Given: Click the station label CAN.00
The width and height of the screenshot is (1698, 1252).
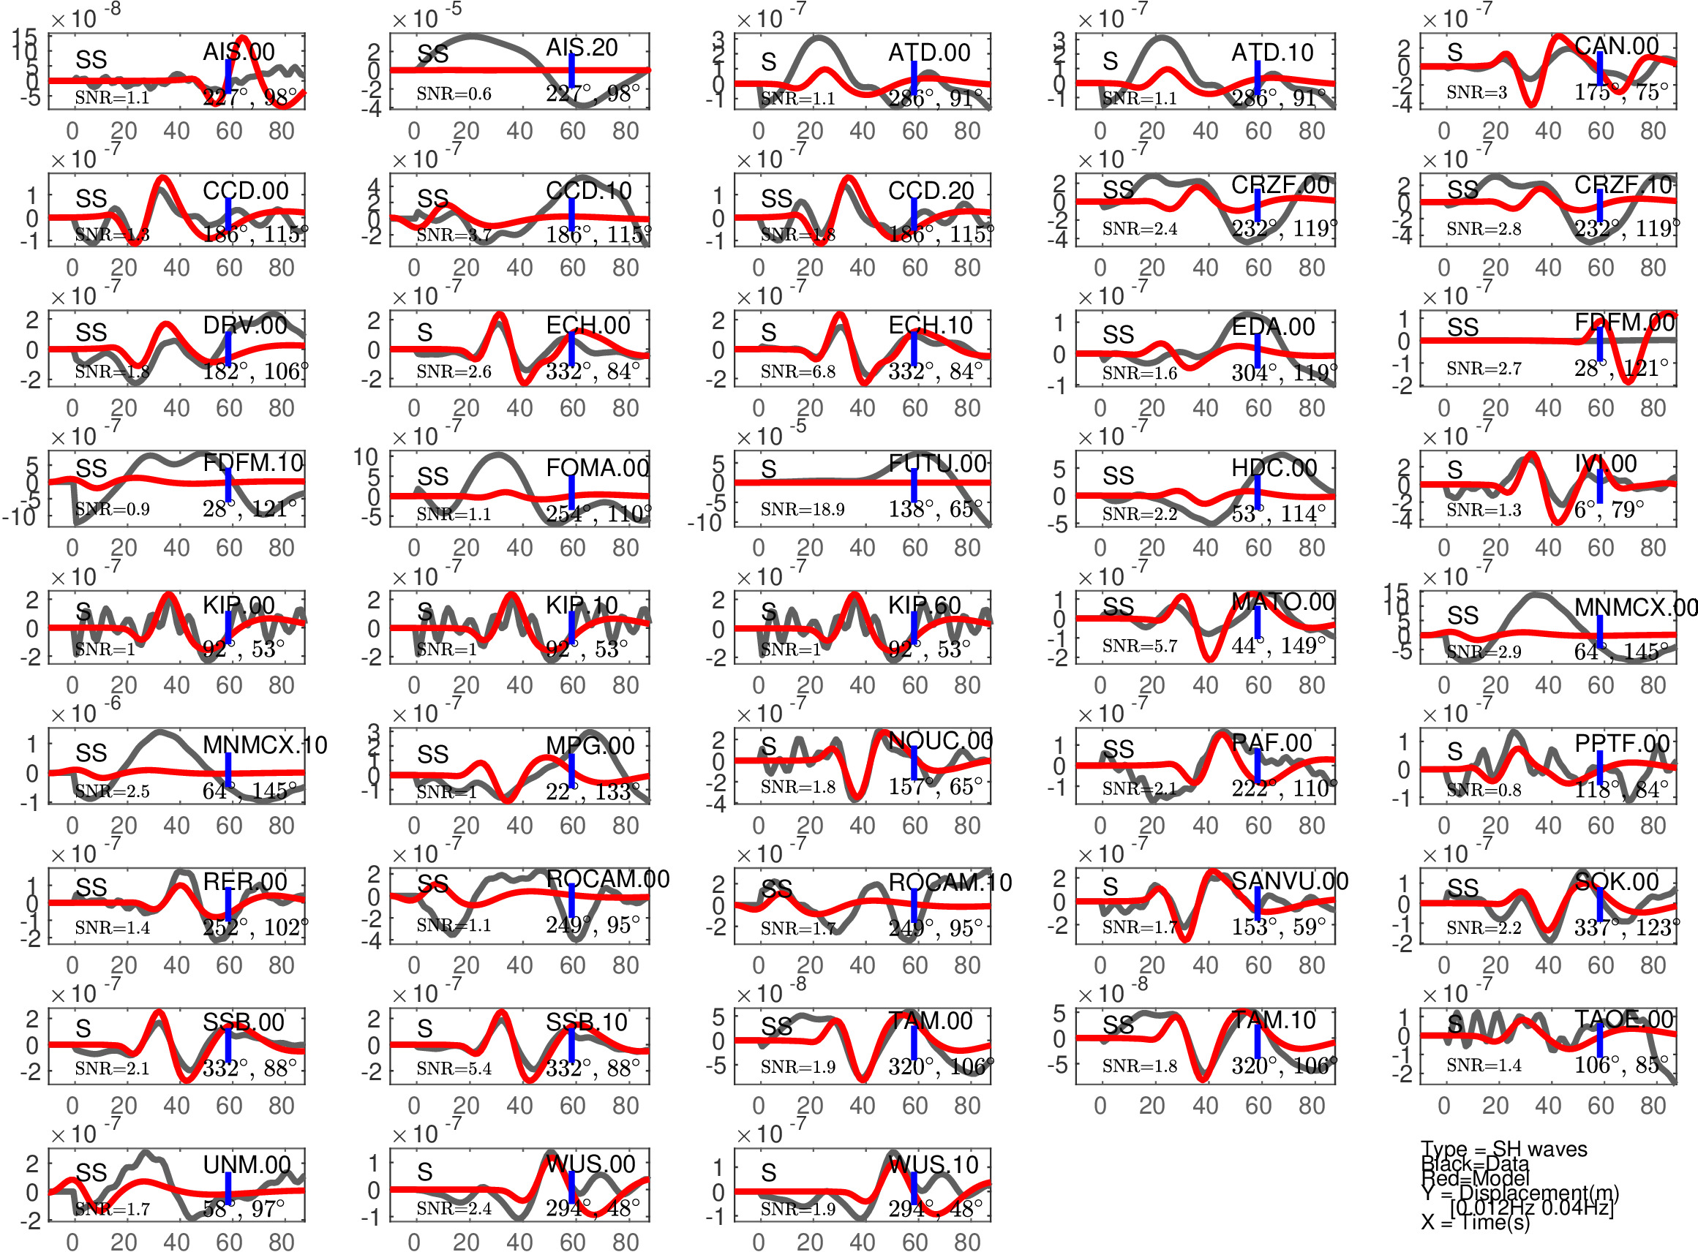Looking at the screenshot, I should pyautogui.click(x=1617, y=46).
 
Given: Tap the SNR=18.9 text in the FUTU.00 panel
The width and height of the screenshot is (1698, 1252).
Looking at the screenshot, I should pyautogui.click(x=802, y=509).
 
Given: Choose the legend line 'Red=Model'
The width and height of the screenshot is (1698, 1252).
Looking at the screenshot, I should pyautogui.click(x=1475, y=1178).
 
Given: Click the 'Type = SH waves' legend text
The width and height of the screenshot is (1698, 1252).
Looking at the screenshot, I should pyautogui.click(x=1504, y=1150).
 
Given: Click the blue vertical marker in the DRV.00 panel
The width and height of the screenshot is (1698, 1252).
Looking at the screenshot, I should pyautogui.click(x=228, y=348).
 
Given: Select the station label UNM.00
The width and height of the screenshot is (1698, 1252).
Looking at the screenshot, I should pyautogui.click(x=247, y=1164).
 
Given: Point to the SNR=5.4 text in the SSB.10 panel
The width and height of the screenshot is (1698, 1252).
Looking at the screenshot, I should pyautogui.click(x=454, y=1068).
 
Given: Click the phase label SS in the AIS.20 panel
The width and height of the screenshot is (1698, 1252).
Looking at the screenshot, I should pyautogui.click(x=433, y=54).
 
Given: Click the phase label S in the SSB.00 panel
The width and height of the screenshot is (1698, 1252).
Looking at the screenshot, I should pyautogui.click(x=83, y=1028).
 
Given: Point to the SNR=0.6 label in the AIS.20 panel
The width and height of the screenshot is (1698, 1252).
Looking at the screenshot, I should pyautogui.click(x=454, y=94).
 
